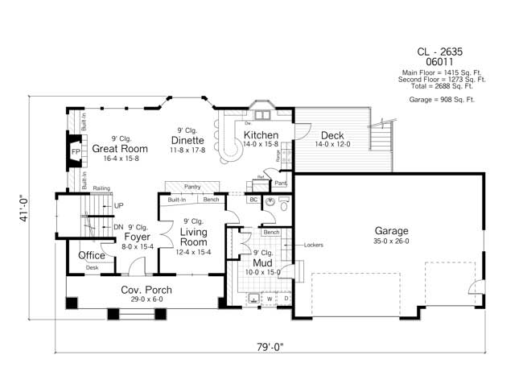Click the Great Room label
tap(119, 149)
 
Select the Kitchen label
tap(261, 135)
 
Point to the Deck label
tap(333, 135)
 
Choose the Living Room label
tap(195, 237)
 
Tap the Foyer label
tap(137, 237)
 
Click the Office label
tap(92, 256)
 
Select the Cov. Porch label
tap(146, 290)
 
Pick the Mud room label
tap(263, 262)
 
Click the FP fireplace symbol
tap(76, 151)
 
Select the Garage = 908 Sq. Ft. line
tap(443, 99)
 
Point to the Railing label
tap(101, 188)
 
